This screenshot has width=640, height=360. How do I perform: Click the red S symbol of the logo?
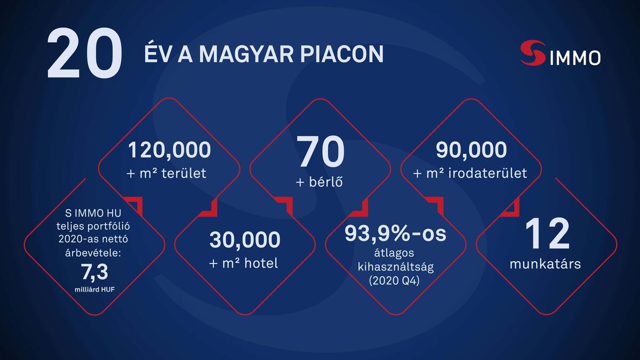click(x=532, y=53)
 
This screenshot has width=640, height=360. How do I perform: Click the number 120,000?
click(x=169, y=150)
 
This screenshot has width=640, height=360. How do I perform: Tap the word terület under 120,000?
click(x=185, y=174)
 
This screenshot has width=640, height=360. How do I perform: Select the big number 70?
click(x=321, y=151)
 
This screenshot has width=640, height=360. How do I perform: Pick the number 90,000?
click(x=471, y=150)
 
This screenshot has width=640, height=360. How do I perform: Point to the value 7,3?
click(x=94, y=273)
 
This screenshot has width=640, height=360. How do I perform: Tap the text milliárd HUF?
click(x=94, y=289)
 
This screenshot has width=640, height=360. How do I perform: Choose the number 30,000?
click(x=244, y=239)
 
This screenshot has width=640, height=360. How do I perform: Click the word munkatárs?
click(x=546, y=263)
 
